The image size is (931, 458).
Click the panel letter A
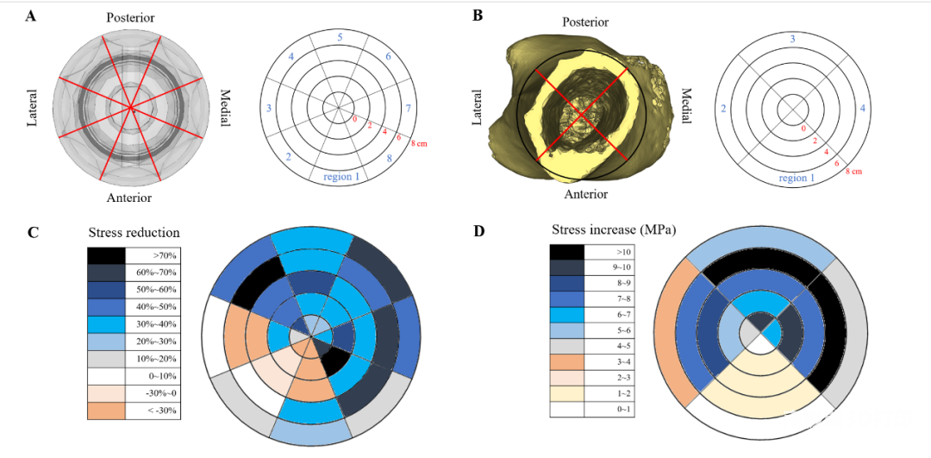click(31, 16)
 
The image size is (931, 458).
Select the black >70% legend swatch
click(106, 255)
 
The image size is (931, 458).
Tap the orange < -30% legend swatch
click(106, 411)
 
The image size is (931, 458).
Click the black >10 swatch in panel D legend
click(566, 252)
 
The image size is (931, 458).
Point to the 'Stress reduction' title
click(134, 233)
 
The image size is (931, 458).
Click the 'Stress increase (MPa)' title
click(614, 230)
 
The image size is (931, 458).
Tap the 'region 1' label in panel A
click(341, 177)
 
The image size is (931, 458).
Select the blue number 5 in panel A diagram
click(341, 38)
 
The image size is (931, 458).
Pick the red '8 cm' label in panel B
click(853, 172)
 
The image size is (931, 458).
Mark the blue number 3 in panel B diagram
click(792, 39)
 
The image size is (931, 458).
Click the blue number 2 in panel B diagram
click(724, 109)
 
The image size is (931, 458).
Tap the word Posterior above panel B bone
click(584, 22)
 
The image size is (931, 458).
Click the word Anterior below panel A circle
click(129, 198)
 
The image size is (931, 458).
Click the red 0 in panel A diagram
click(353, 118)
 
